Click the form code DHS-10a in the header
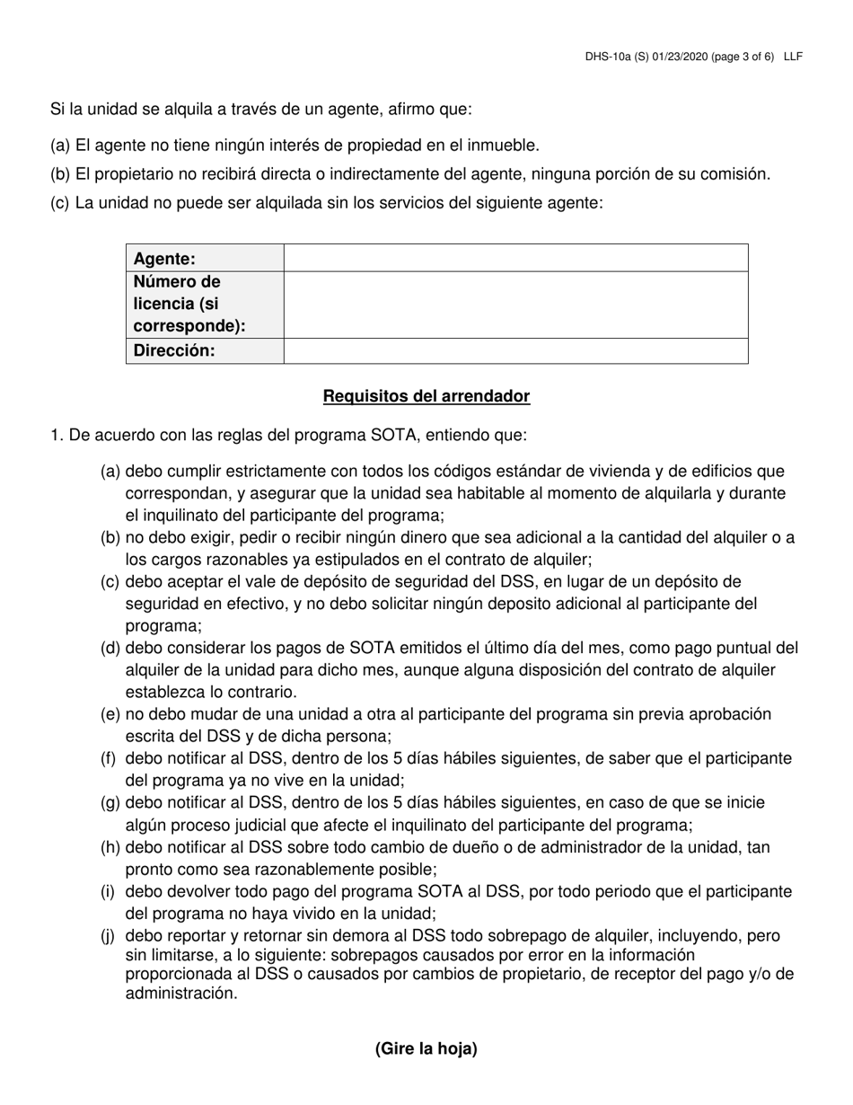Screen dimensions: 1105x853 (607, 57)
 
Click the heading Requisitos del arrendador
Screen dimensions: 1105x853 (426, 396)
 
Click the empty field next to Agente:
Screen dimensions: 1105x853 (515, 259)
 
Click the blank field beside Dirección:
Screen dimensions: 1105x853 (515, 350)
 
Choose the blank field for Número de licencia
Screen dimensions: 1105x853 (515, 305)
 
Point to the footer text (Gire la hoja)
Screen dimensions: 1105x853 (426, 1048)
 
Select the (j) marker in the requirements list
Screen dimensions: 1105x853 (109, 936)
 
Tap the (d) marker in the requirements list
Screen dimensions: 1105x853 (110, 648)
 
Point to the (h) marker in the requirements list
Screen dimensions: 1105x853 (110, 847)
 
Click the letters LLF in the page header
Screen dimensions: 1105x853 (793, 57)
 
